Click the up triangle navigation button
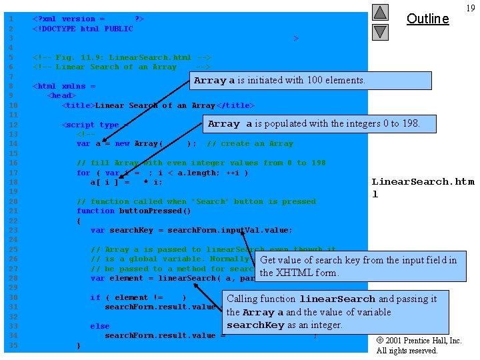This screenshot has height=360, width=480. [x=380, y=12]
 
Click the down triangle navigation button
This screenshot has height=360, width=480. [x=380, y=31]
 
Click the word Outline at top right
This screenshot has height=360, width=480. [x=427, y=19]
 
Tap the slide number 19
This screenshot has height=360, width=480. [x=470, y=8]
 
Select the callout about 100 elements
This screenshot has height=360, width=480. [x=279, y=80]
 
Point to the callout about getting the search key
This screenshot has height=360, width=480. [x=359, y=266]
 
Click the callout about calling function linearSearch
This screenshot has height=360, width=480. [x=335, y=312]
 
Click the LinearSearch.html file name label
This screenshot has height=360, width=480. [x=422, y=187]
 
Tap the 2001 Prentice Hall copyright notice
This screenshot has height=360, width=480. [x=419, y=345]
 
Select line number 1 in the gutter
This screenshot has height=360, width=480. [x=11, y=19]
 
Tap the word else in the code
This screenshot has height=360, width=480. [x=100, y=326]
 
